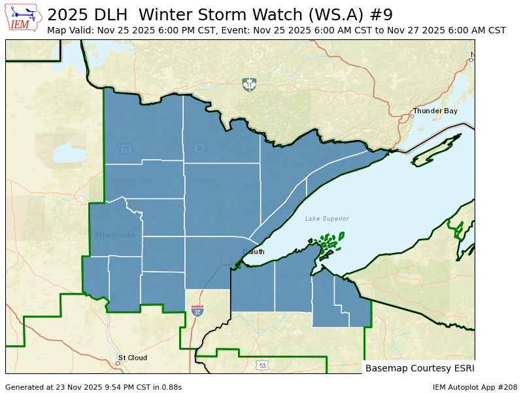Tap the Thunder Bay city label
[x=435, y=111]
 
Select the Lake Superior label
[x=327, y=219]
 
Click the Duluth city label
[x=254, y=252]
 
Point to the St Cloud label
[x=132, y=358]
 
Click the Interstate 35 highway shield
[x=197, y=310]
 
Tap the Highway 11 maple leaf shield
[x=248, y=84]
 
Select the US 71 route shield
[x=125, y=149]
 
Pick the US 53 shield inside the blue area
[x=199, y=148]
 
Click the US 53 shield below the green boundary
[x=262, y=365]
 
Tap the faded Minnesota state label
[x=115, y=235]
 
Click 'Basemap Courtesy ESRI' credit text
[x=419, y=368]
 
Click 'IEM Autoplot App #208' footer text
[x=475, y=387]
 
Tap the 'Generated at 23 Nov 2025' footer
[x=93, y=387]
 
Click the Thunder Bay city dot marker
[x=412, y=116]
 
